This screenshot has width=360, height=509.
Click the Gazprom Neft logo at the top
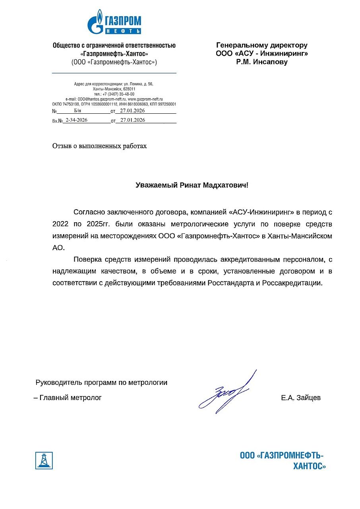tap(114, 22)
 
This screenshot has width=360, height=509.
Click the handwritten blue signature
tap(227, 392)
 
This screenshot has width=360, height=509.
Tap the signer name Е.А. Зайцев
tap(300, 398)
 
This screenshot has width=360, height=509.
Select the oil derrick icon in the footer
tap(44, 460)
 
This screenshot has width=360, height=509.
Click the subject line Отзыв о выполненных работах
tap(100, 146)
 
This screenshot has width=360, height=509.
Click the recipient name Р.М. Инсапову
tap(261, 62)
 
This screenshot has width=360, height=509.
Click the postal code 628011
tap(129, 89)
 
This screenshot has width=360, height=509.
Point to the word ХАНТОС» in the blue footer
tap(309, 466)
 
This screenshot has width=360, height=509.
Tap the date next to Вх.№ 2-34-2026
tap(132, 120)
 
